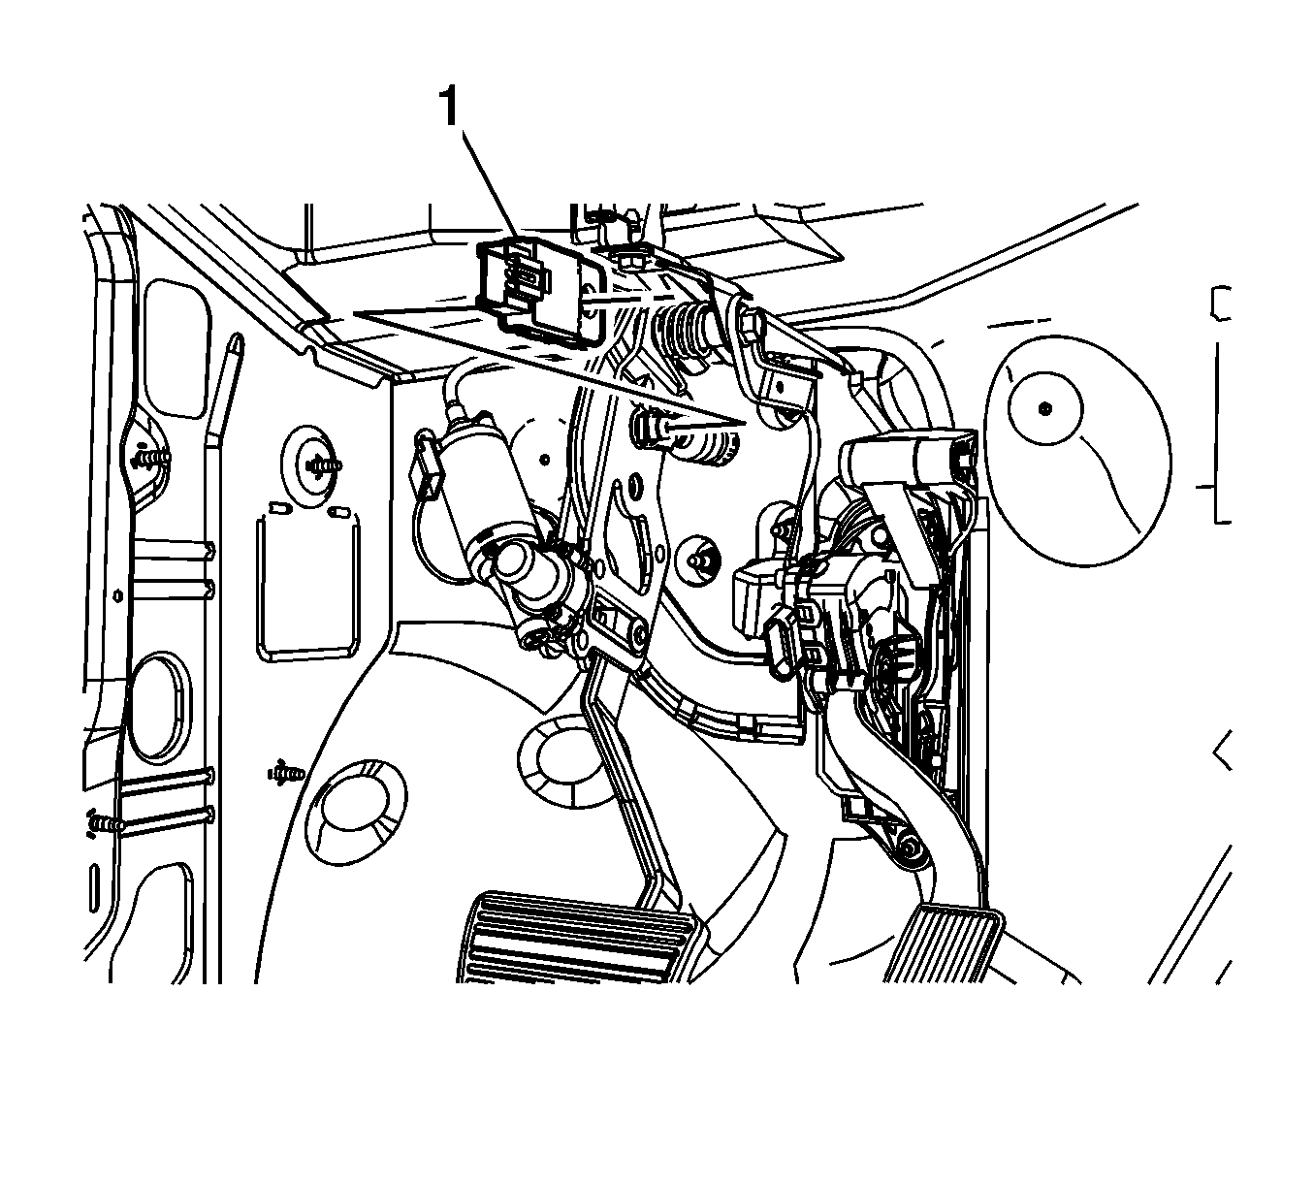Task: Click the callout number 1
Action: point(449,108)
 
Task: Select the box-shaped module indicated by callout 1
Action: point(541,289)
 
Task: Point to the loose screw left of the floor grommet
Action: point(286,773)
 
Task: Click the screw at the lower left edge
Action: point(105,823)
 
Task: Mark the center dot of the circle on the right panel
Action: point(1044,409)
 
